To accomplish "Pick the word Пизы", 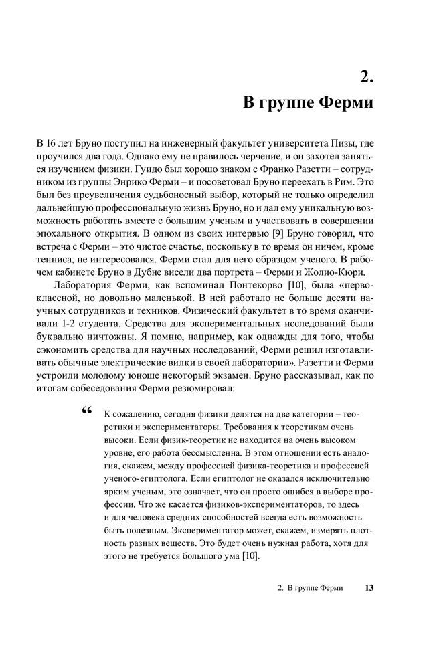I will point(347,144).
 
